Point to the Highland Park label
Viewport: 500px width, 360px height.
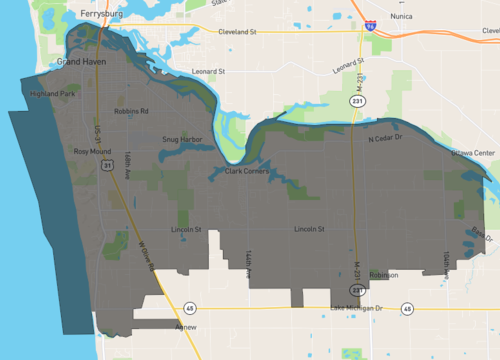[x=53, y=94]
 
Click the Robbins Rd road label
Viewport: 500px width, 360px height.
[x=131, y=111]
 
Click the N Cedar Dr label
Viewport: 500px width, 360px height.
[x=384, y=138]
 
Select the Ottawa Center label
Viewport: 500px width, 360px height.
[x=472, y=153]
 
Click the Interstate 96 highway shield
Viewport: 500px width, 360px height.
[x=371, y=24]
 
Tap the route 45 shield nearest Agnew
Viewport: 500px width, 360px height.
[x=190, y=308]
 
